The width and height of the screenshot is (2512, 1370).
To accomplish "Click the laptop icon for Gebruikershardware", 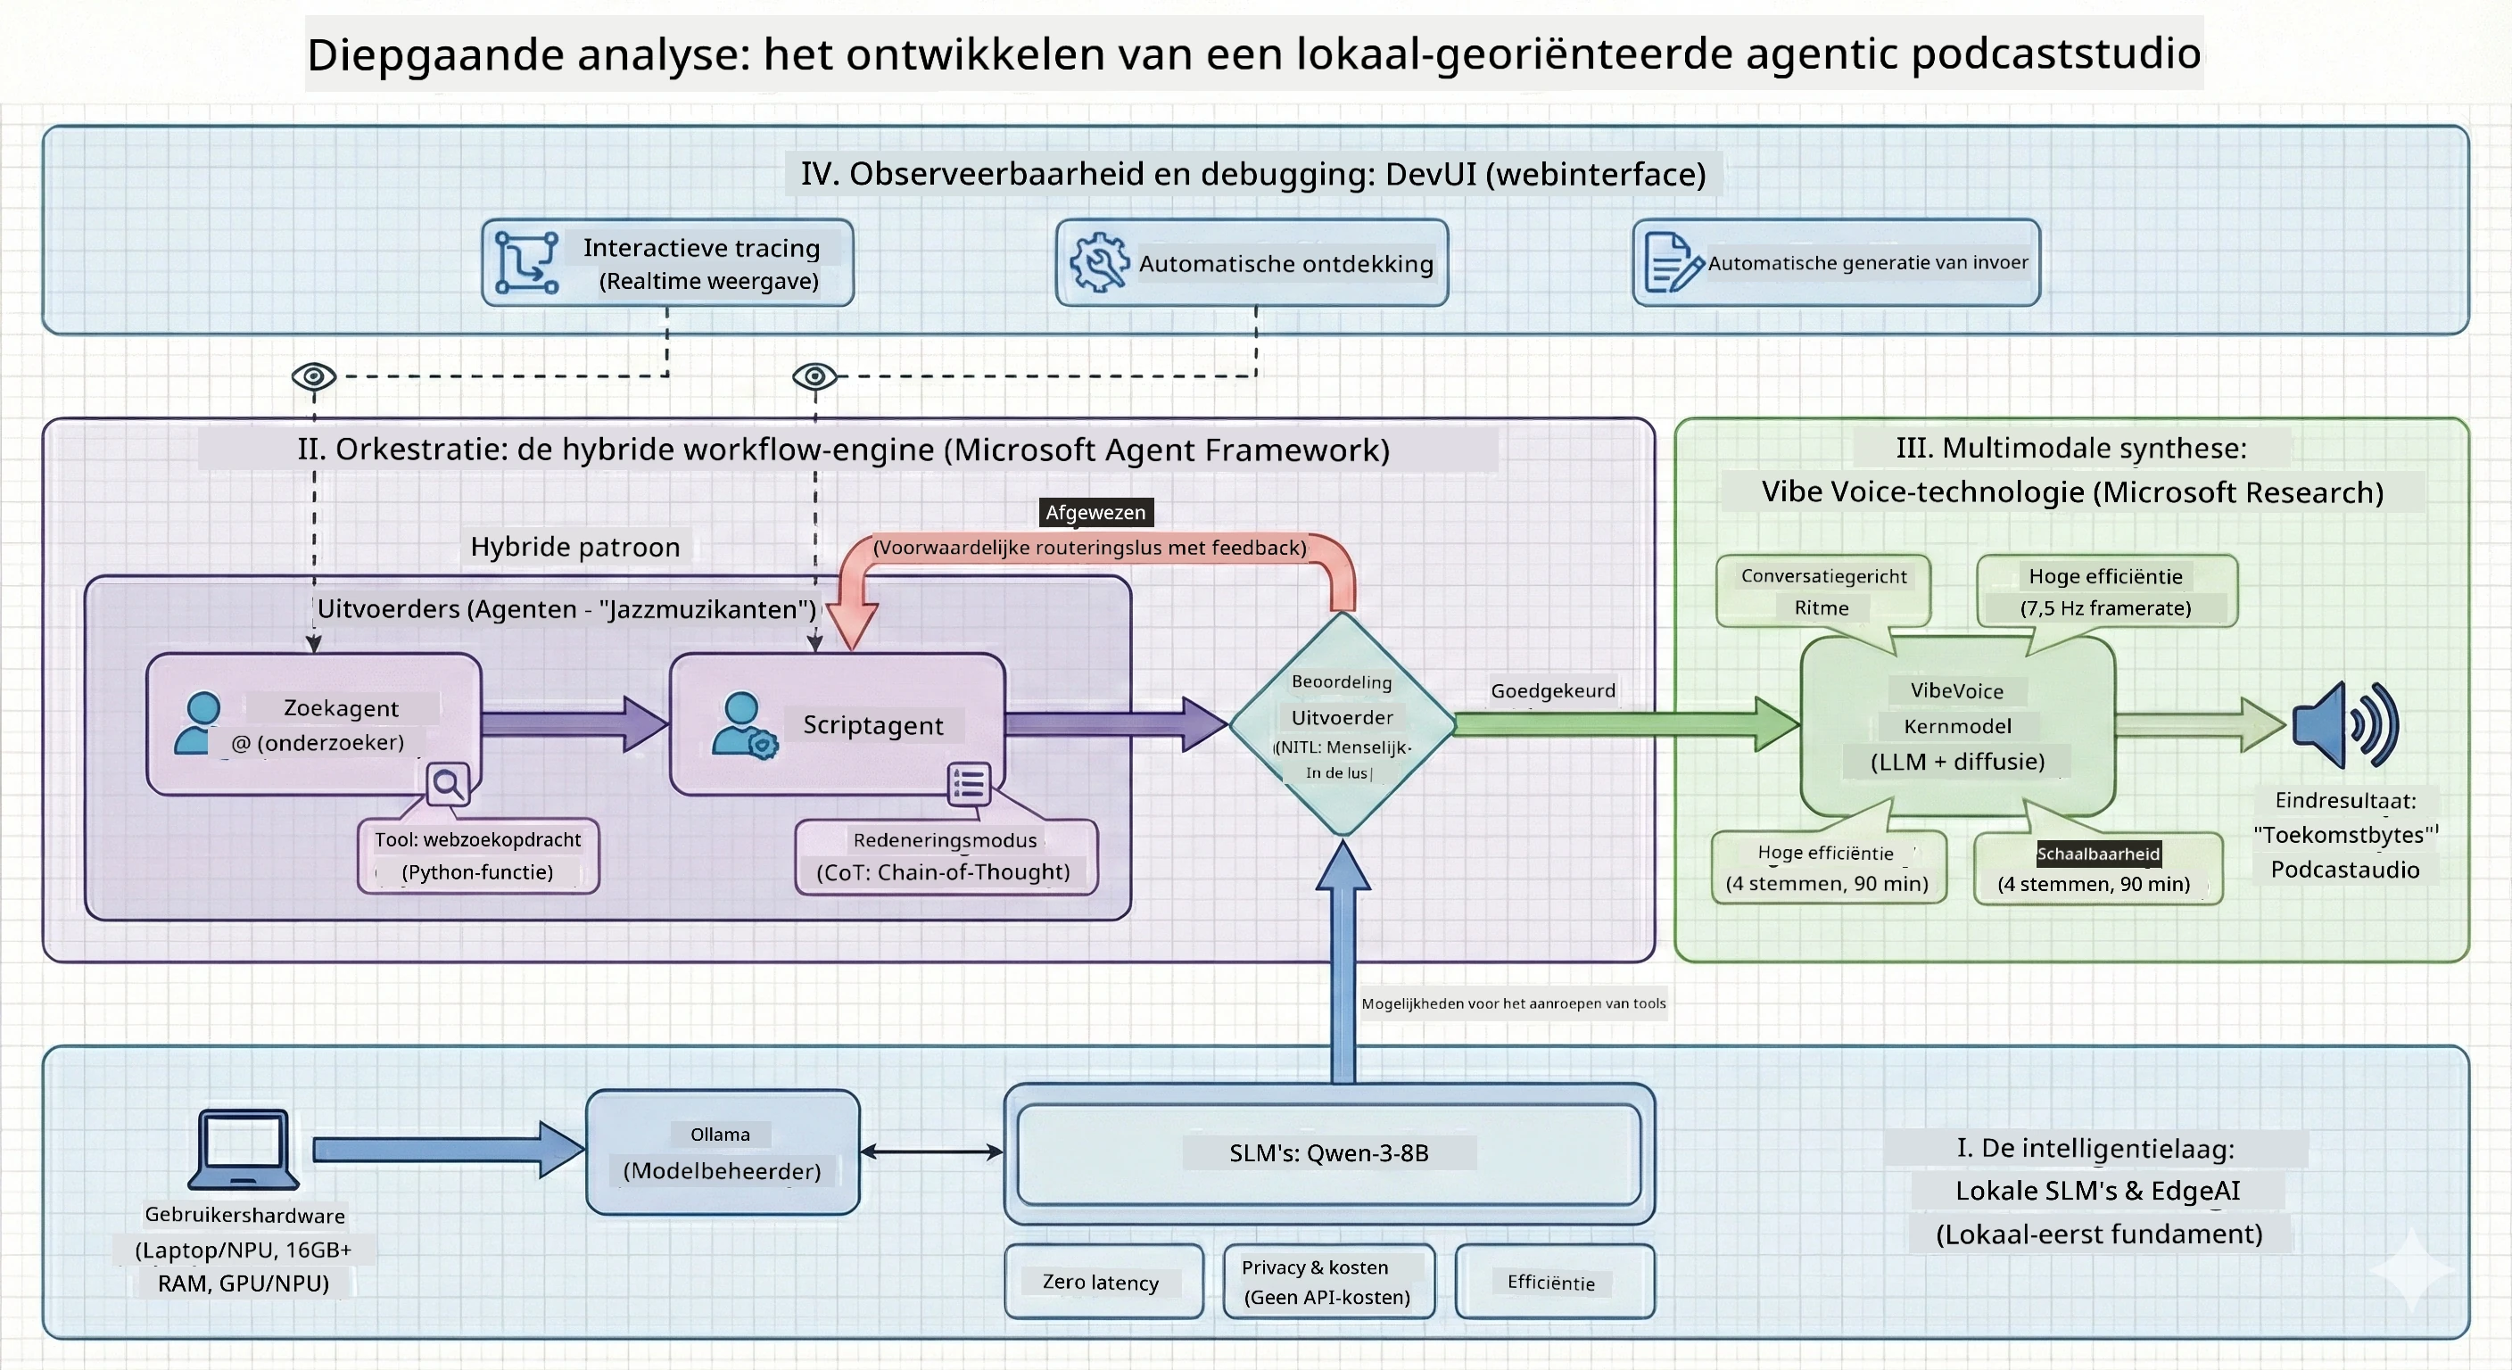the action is coord(244,1149).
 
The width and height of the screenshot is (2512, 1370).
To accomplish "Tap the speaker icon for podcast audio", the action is coord(2345,725).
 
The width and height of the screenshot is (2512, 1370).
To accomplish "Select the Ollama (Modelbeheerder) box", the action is coord(723,1151).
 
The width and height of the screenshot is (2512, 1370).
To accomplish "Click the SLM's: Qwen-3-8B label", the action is coord(1328,1152).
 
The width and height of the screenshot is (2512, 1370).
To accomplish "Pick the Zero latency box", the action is coord(1103,1282).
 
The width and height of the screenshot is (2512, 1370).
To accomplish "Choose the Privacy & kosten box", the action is coord(1328,1282).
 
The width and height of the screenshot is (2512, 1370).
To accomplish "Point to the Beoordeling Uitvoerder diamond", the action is coord(1343,723).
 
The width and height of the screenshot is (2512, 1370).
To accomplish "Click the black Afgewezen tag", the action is coord(1095,512).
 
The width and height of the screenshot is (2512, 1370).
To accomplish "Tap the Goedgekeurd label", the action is coord(1552,690).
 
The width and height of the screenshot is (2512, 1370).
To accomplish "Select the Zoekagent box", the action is coord(314,723).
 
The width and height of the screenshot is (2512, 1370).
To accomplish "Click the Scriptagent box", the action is coord(837,723).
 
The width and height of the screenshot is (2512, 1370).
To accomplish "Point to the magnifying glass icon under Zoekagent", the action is coord(448,784).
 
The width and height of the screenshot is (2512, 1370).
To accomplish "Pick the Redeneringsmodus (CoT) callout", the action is coord(946,856).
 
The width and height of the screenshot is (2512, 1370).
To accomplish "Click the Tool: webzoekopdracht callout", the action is coord(478,856).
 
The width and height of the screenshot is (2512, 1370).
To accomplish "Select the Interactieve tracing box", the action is coord(668,262).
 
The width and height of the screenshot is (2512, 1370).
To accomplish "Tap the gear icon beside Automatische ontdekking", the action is coord(1099,261).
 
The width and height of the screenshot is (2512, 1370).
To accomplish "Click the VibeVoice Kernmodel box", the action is coord(1957,726).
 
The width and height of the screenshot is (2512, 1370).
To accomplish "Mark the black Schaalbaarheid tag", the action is coord(2098,854).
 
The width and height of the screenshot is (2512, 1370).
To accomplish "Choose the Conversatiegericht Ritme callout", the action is coord(1823,591).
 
